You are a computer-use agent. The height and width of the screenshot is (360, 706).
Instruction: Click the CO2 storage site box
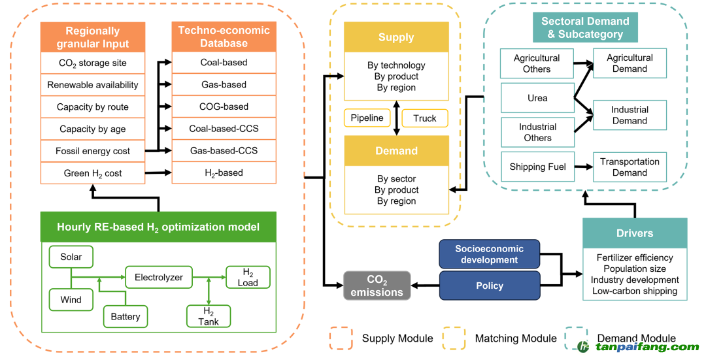(93, 63)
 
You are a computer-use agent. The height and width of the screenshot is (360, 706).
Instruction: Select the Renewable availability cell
(93, 85)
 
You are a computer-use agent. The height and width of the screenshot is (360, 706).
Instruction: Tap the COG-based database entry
(224, 106)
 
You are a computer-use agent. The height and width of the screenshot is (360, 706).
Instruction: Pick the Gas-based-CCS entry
(224, 151)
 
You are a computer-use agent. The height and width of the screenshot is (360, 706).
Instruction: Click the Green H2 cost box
(93, 173)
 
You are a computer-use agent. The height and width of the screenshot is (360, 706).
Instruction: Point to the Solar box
(71, 257)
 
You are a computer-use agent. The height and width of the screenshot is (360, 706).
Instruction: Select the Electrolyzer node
(158, 277)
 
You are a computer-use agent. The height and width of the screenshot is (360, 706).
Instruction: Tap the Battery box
(125, 316)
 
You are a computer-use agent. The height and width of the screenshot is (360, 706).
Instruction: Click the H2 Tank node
(209, 316)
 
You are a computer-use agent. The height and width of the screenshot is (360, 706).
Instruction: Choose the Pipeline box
(367, 118)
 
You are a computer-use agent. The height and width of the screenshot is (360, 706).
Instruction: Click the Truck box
(425, 118)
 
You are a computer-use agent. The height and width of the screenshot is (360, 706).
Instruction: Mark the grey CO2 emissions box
(377, 286)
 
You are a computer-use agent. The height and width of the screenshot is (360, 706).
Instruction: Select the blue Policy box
(490, 286)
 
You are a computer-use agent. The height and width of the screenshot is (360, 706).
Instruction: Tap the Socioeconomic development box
(490, 254)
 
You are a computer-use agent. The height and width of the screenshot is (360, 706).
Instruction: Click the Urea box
(537, 98)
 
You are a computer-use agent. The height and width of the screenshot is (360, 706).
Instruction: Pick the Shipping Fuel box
(537, 167)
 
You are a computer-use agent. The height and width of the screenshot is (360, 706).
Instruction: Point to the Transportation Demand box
(630, 167)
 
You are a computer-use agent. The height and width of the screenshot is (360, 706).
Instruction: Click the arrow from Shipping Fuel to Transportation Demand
(584, 167)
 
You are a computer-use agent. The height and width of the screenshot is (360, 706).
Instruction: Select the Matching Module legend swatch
(454, 338)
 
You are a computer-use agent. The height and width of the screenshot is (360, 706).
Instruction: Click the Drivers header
(635, 233)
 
